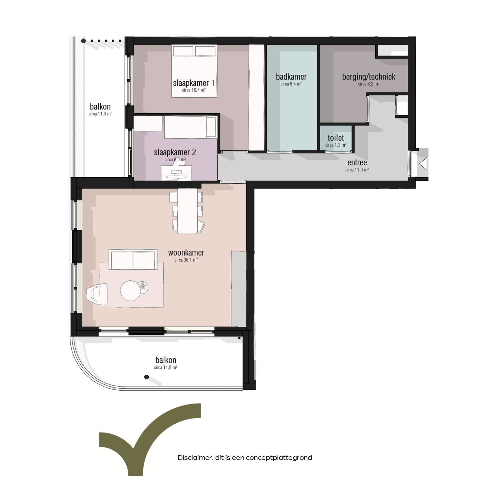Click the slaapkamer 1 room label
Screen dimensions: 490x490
[194, 83]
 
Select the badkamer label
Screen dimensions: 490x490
[291, 77]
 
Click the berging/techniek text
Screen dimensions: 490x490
[369, 77]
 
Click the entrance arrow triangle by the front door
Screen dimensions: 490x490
[423, 164]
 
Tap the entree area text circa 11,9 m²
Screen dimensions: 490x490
[357, 170]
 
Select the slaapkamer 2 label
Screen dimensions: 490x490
[175, 152]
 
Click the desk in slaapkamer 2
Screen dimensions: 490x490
[176, 173]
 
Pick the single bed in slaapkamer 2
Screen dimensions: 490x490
[191, 127]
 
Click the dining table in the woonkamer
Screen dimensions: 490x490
[187, 211]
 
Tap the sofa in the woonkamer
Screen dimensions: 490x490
[133, 260]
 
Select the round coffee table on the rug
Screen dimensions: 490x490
[130, 291]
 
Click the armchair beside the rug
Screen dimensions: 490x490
[97, 294]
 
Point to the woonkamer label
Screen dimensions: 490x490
[186, 252]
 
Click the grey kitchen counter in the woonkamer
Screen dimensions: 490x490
[239, 289]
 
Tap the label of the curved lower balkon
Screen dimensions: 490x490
[166, 360]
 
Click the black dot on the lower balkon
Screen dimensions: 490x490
[147, 377]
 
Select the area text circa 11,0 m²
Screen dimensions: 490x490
[100, 114]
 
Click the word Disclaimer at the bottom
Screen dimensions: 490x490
[195, 458]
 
